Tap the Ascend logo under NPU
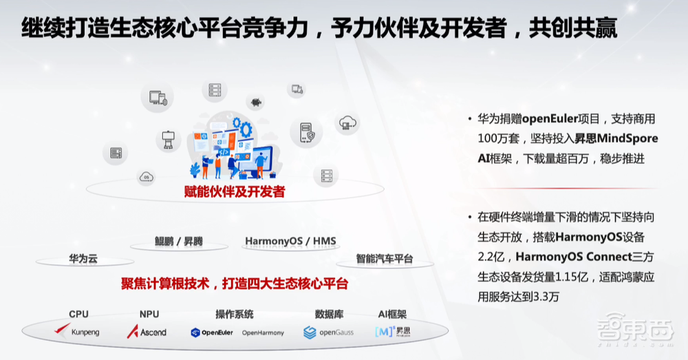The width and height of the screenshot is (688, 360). tap(147, 332)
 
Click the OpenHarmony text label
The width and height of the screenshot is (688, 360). tap(263, 332)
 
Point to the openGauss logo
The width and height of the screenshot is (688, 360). tap(328, 332)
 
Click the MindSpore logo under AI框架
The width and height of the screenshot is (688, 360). tap(393, 332)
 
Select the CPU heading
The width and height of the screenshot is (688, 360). tap(78, 315)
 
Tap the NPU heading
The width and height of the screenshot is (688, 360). tap(149, 315)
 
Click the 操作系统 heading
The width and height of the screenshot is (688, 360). tap(235, 315)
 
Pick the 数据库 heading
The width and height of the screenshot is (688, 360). tap(329, 315)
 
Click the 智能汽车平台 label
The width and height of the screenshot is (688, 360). tap(385, 260)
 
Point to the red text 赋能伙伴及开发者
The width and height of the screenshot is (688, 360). tap(235, 192)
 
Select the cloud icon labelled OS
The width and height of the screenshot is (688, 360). tap(145, 177)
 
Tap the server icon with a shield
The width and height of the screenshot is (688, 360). tap(306, 132)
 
